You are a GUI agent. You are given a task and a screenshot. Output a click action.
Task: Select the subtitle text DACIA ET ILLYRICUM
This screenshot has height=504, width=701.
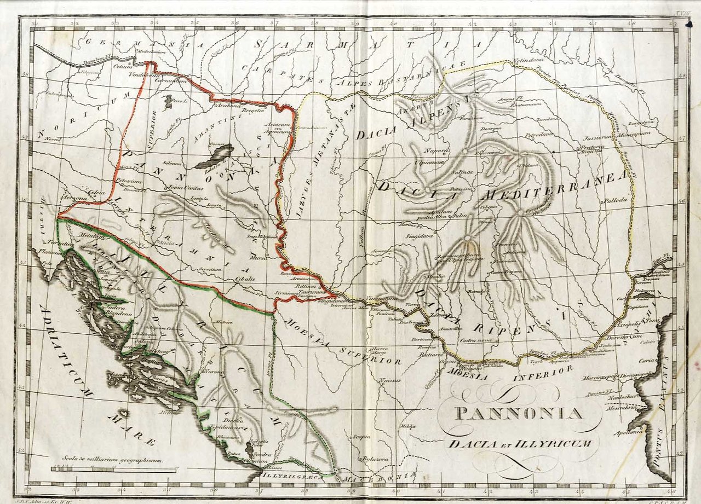tap(519, 443)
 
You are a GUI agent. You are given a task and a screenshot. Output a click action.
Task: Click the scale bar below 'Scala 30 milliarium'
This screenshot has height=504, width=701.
tap(114, 470)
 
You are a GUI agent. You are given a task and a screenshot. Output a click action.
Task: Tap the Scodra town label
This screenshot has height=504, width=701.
tap(261, 454)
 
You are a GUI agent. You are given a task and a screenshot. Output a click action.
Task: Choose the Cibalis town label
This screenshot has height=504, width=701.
tap(245, 279)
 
